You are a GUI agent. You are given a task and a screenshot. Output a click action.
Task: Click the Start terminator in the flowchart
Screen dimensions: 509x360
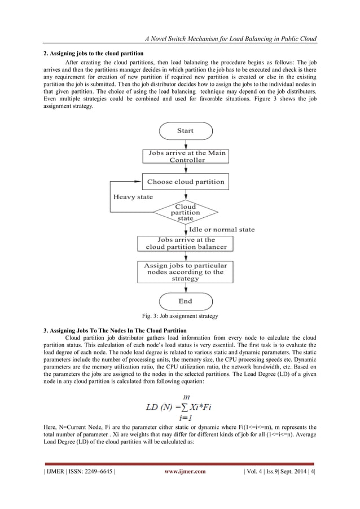point(185,131)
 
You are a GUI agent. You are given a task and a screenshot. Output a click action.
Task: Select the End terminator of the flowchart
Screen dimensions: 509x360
point(185,301)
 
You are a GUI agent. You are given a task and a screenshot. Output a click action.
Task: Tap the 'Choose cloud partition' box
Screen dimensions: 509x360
point(185,182)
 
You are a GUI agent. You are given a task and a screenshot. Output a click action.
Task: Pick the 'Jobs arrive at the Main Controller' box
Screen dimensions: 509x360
point(185,156)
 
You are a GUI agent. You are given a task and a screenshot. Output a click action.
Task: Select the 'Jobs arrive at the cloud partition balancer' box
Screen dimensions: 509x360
point(185,243)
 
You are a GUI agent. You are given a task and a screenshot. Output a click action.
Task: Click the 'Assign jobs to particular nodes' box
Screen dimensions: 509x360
point(185,271)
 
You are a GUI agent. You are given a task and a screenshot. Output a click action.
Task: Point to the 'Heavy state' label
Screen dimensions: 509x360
point(133,197)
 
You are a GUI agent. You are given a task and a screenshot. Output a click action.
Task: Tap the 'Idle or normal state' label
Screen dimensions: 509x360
point(222,229)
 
